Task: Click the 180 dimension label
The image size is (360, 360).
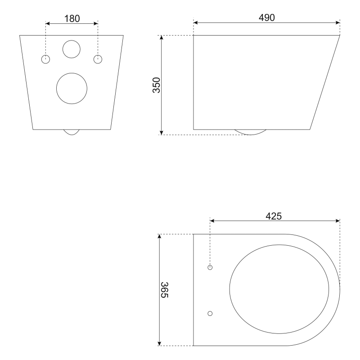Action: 72,18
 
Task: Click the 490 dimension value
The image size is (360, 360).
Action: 266,18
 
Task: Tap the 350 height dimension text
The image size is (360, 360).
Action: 157,85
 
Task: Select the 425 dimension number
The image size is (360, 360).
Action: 274,216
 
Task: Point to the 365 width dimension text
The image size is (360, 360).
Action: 164,290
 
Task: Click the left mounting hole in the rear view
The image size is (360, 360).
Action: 46,59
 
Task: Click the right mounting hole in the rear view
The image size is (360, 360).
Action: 98,59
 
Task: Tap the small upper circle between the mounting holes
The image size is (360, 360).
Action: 72,49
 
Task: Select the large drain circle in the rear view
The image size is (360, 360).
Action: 72,88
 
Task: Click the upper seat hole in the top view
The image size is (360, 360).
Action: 210,267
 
